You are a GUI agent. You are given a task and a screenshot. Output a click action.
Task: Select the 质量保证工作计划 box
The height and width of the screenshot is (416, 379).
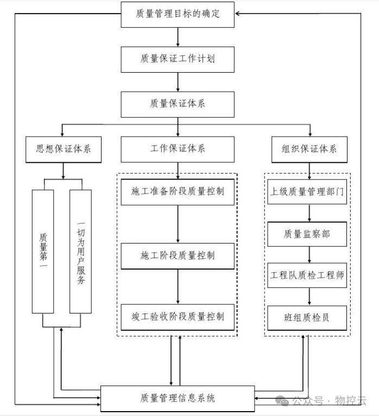(178, 59)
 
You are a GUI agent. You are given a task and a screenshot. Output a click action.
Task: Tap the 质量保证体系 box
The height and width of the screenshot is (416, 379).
(178, 104)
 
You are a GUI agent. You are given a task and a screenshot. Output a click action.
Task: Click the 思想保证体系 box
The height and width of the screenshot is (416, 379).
(64, 149)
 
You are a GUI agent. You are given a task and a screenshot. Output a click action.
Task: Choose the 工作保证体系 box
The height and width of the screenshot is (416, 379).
(178, 149)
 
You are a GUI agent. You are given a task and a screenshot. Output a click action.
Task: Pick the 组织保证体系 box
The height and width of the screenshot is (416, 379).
(309, 149)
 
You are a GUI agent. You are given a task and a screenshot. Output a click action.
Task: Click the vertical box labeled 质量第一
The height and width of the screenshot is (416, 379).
(43, 251)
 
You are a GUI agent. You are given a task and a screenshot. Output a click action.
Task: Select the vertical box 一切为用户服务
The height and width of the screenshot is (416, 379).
(81, 251)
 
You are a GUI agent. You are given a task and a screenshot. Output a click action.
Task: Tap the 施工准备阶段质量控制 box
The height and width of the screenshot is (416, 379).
(178, 191)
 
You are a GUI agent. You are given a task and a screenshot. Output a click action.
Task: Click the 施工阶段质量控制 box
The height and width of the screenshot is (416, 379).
(178, 255)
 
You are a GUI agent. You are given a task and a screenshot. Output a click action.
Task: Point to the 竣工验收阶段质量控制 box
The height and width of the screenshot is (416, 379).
(178, 316)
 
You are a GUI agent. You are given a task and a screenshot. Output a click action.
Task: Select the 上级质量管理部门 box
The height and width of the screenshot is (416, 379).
(307, 191)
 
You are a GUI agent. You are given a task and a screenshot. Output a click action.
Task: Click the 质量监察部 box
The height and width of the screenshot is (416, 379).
(307, 234)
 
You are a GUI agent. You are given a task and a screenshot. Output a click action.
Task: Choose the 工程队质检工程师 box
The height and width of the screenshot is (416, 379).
(307, 276)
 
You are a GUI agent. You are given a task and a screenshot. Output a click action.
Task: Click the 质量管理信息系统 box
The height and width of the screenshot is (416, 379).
(178, 399)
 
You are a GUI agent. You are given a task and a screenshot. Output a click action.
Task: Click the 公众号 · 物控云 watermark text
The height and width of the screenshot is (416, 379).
(328, 401)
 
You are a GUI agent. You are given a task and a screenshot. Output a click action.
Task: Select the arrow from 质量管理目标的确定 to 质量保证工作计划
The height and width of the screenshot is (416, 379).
(178, 36)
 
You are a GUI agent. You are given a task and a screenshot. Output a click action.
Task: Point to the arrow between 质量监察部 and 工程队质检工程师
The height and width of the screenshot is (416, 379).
(309, 254)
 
